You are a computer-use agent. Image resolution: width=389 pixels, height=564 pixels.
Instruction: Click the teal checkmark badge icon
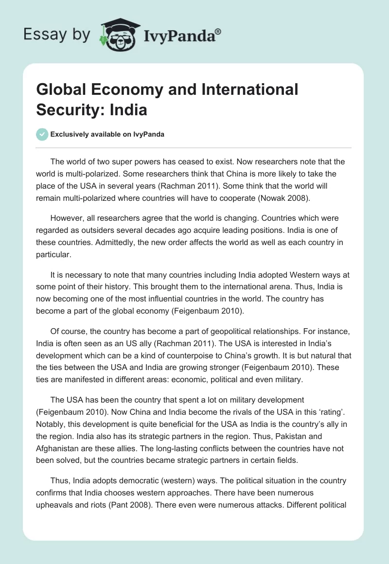(42, 134)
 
